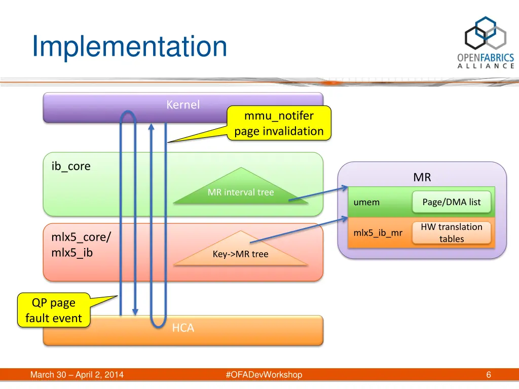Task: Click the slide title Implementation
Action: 129,47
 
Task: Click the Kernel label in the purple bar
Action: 183,105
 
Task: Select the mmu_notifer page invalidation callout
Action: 279,124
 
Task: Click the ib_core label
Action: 71,166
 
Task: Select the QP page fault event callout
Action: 54,310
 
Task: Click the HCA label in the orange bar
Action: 183,328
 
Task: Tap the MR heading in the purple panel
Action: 422,177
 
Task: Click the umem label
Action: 366,202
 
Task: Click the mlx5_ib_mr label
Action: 378,233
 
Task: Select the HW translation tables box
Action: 451,233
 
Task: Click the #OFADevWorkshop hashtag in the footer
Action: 264,375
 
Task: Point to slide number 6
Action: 488,375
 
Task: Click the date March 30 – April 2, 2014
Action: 77,375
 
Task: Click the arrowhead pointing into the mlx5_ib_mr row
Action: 345,218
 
